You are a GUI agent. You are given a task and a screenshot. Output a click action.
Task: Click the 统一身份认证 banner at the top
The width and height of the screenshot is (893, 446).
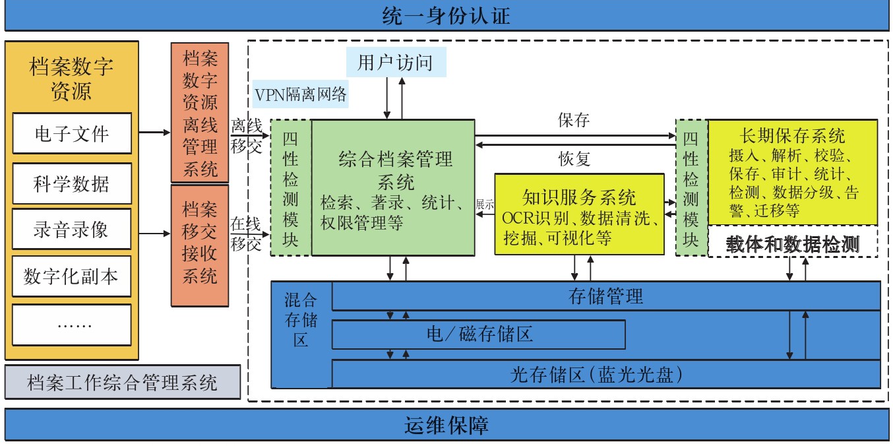[x=446, y=15]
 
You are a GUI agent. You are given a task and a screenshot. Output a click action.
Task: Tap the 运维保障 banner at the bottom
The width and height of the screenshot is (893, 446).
[x=446, y=425]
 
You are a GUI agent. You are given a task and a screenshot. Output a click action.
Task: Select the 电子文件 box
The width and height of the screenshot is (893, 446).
[x=72, y=135]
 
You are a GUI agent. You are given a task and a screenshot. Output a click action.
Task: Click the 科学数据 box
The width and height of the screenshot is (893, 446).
[x=72, y=183]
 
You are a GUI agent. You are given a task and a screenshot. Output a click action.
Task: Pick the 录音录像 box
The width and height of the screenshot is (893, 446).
[x=72, y=230]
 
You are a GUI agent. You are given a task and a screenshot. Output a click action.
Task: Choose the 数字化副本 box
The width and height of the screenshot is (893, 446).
[x=72, y=277]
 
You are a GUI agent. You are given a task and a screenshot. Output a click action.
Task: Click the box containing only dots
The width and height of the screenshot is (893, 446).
[x=72, y=325]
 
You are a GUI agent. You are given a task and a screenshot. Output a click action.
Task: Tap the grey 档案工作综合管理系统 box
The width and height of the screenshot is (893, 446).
[x=122, y=382]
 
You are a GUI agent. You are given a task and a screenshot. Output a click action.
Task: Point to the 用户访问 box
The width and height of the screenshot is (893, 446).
[x=396, y=63]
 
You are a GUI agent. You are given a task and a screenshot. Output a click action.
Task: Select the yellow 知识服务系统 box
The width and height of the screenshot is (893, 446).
[x=579, y=214]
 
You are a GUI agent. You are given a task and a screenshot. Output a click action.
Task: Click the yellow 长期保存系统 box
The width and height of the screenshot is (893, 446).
[x=792, y=172]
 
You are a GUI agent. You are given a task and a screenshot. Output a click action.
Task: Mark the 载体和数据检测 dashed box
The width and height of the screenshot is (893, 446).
[x=792, y=245]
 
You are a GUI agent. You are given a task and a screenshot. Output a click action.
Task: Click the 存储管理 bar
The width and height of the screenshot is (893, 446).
[x=605, y=296]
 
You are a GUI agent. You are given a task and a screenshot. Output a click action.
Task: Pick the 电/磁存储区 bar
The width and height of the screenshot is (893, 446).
[x=478, y=334]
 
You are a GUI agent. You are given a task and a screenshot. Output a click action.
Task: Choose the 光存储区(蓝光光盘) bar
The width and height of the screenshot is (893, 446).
[x=605, y=375]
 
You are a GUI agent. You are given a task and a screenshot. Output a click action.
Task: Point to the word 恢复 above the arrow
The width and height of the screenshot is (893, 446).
[x=574, y=158]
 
